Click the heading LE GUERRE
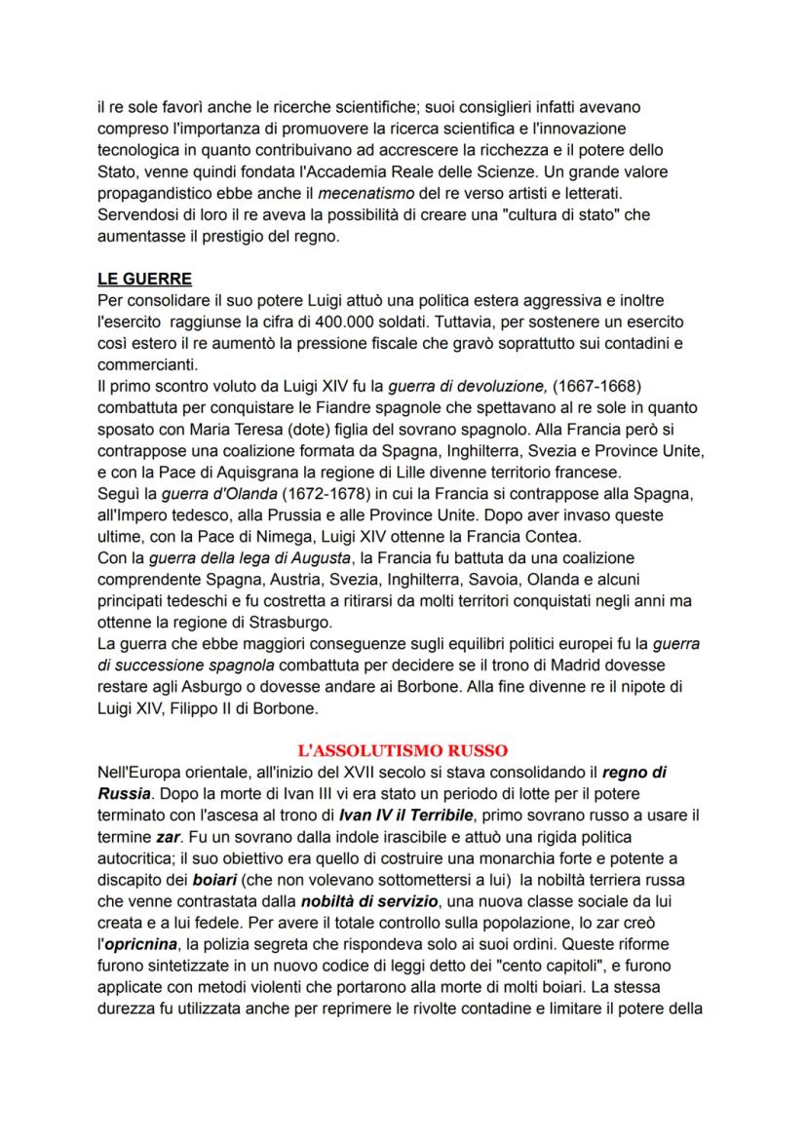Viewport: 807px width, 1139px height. tap(144, 278)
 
